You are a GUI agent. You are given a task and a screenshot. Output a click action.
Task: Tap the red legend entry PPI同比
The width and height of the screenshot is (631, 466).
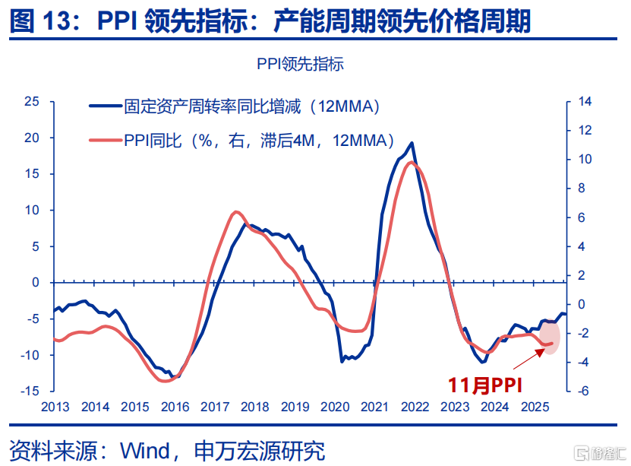pyautogui.click(x=259, y=140)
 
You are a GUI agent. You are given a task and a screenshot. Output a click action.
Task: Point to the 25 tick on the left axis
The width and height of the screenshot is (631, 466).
pyautogui.click(x=31, y=101)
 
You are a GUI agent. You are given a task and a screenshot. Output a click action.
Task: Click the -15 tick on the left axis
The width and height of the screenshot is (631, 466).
pyautogui.click(x=29, y=391)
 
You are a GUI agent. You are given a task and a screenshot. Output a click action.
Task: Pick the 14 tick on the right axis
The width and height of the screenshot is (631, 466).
pyautogui.click(x=584, y=101)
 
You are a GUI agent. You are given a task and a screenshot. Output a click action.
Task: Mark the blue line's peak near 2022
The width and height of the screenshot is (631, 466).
pyautogui.click(x=412, y=143)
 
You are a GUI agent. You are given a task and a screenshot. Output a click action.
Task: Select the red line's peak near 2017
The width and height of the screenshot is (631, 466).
pyautogui.click(x=236, y=212)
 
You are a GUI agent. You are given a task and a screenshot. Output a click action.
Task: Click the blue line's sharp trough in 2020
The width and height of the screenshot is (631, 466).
pyautogui.click(x=342, y=360)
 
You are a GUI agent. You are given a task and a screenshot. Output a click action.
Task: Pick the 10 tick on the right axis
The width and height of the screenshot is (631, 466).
pyautogui.click(x=584, y=160)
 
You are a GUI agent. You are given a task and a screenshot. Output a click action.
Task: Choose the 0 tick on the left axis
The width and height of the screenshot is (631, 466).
pyautogui.click(x=36, y=282)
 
